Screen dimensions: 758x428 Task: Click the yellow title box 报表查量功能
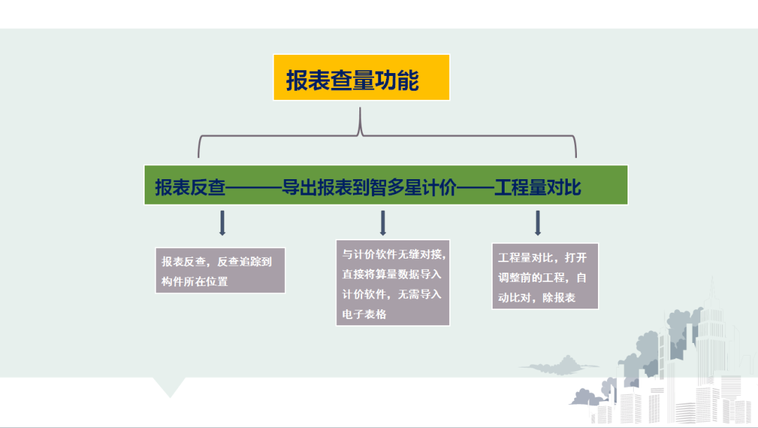click(361, 77)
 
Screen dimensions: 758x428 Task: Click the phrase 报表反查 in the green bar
click(190, 188)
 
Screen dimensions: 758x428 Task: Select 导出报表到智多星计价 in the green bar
click(369, 188)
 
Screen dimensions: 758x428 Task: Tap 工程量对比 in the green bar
click(537, 188)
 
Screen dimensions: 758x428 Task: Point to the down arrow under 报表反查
click(222, 223)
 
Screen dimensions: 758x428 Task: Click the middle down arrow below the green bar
click(383, 223)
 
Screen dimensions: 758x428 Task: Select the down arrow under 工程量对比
click(538, 223)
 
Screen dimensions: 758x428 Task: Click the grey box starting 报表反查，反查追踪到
click(220, 270)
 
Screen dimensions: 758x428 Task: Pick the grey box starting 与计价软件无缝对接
click(392, 283)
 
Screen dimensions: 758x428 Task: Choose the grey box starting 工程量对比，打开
click(545, 276)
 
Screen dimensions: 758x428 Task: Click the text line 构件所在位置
click(195, 281)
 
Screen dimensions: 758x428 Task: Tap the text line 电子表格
click(364, 314)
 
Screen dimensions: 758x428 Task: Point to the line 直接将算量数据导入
click(392, 274)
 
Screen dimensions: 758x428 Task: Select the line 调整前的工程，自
click(542, 278)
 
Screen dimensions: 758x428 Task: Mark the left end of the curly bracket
click(198, 157)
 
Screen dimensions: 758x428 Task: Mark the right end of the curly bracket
click(576, 157)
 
